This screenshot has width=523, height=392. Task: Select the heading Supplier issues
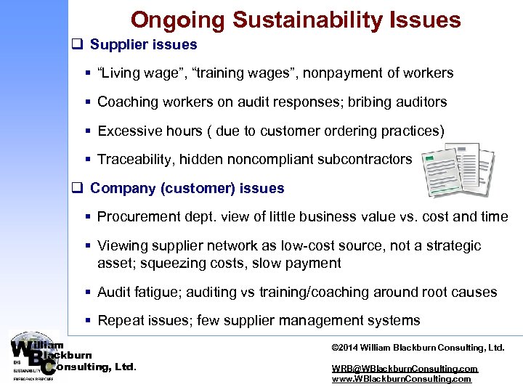coord(144,45)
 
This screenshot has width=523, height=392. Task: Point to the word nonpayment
coord(339,73)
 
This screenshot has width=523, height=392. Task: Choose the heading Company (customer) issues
coord(187,189)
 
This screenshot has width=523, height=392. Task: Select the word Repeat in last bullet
coord(121,321)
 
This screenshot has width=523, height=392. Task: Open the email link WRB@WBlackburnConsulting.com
coord(405,369)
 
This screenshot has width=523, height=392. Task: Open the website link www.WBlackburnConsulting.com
coord(401,379)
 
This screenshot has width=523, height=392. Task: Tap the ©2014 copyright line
coord(418,348)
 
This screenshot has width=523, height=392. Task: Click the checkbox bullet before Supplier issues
coord(75,45)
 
